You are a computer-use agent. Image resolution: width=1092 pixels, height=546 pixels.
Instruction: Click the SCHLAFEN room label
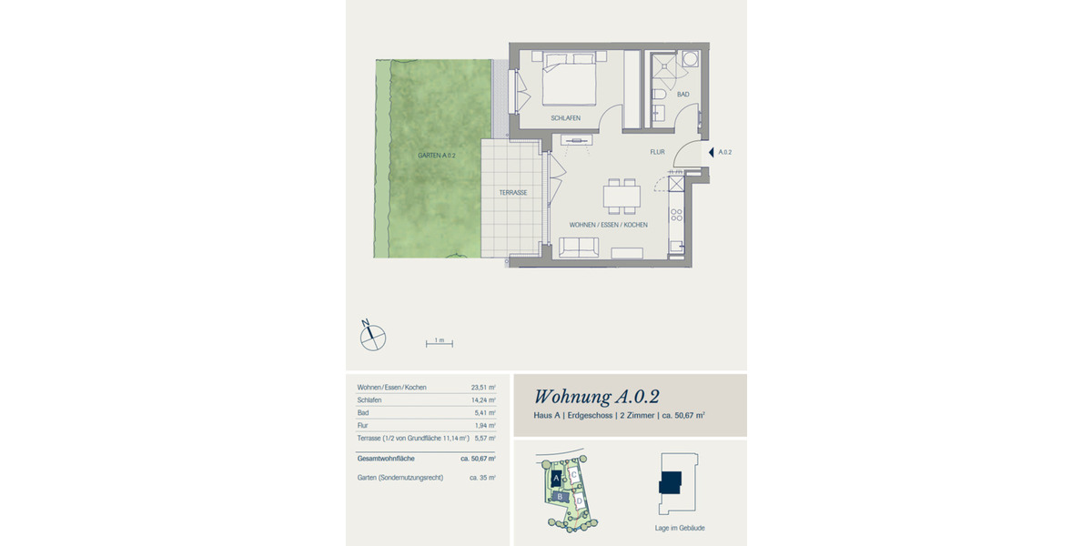click(x=565, y=118)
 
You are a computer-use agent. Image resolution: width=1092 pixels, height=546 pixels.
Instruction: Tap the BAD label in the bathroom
click(x=682, y=94)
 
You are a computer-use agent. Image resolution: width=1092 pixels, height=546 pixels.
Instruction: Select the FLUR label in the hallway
click(x=658, y=152)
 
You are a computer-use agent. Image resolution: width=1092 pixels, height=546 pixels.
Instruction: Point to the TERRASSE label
click(x=513, y=193)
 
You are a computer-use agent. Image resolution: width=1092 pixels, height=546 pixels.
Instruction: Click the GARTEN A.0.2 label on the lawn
click(x=436, y=156)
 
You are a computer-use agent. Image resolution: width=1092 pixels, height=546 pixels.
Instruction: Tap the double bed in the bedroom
click(x=571, y=77)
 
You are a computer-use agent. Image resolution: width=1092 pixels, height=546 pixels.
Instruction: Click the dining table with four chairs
click(x=622, y=196)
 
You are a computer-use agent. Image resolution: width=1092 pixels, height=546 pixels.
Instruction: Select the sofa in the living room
click(x=579, y=247)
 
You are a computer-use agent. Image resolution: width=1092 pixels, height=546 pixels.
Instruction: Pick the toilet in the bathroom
click(x=660, y=94)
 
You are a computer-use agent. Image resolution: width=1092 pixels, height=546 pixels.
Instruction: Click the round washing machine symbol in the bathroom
click(x=690, y=59)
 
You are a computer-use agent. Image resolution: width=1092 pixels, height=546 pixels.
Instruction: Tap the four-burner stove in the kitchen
click(x=676, y=216)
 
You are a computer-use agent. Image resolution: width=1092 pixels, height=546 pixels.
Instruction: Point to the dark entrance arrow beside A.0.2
click(x=711, y=152)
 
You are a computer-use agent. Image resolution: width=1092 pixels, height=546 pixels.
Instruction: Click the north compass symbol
click(x=373, y=337)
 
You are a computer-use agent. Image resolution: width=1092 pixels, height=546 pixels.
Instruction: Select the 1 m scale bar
click(x=440, y=343)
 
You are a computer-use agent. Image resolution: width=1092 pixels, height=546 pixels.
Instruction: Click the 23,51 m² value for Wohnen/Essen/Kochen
click(x=482, y=387)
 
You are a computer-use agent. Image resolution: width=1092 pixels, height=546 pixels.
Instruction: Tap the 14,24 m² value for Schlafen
click(x=482, y=399)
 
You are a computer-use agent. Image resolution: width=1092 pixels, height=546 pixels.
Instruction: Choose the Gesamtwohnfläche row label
click(x=386, y=459)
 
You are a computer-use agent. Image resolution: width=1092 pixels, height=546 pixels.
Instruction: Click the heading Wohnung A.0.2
click(x=596, y=396)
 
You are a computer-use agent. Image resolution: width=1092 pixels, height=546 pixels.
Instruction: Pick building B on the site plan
click(x=559, y=497)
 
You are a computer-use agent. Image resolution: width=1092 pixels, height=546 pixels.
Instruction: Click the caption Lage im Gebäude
click(x=679, y=528)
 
